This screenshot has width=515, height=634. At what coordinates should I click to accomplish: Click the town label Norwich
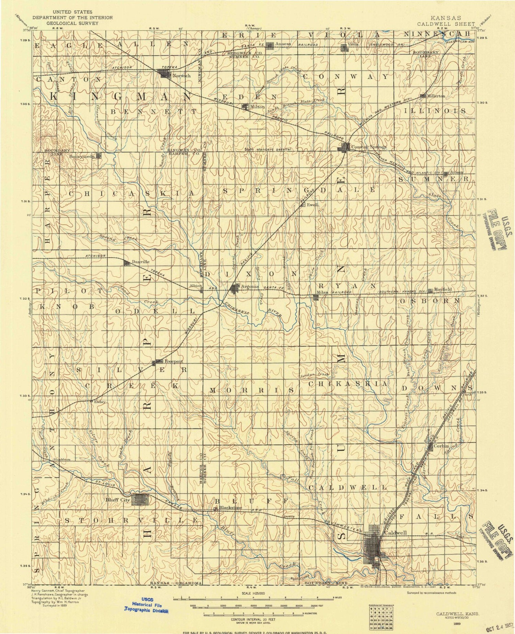(182, 76)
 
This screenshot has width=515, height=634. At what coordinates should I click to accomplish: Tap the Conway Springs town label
(368, 147)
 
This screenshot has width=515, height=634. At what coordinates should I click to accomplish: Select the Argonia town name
(250, 287)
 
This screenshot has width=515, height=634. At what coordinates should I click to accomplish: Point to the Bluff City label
(118, 500)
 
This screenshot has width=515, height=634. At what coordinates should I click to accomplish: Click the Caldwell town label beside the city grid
(395, 533)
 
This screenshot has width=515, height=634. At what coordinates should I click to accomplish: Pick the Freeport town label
(174, 361)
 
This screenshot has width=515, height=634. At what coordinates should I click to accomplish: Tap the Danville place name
(141, 262)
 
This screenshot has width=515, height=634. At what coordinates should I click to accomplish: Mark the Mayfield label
(443, 290)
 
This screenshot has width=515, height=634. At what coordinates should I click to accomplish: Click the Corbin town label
(441, 446)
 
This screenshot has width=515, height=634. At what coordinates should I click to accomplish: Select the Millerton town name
(436, 96)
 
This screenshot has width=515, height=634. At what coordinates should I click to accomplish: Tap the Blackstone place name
(231, 507)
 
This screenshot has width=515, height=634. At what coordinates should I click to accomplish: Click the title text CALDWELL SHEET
(446, 24)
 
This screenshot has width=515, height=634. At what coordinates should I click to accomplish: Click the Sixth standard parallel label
(268, 149)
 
